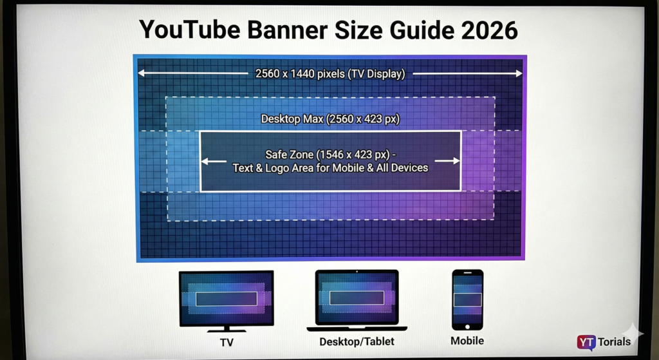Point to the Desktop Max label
(x=329, y=119)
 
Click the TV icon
(x=226, y=298)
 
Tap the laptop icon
(x=357, y=299)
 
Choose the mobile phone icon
(x=467, y=299)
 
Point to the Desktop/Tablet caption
(x=357, y=341)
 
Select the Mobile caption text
(x=467, y=340)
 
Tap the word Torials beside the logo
(x=614, y=342)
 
